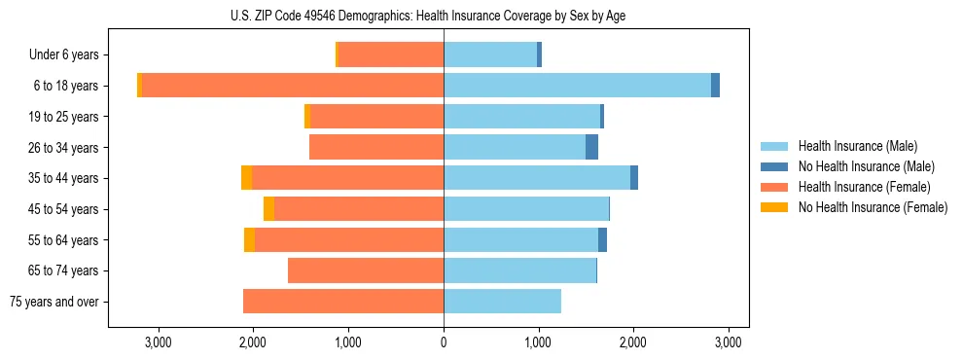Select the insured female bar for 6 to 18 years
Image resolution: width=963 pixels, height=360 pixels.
tap(293, 86)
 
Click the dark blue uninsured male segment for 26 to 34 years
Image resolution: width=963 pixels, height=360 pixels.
tap(591, 147)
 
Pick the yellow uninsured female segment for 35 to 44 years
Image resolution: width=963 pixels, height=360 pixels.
tap(247, 178)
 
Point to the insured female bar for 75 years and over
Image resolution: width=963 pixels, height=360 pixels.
tap(343, 302)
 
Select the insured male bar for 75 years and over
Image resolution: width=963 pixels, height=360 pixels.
tap(502, 302)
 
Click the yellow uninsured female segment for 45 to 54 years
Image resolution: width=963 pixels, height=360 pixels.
tap(268, 209)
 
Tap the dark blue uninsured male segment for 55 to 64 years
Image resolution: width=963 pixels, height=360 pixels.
tap(602, 239)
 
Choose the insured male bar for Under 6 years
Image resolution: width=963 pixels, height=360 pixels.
tap(490, 54)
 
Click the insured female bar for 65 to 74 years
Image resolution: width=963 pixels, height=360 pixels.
tap(366, 270)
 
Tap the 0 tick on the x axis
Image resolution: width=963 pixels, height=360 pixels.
tap(444, 342)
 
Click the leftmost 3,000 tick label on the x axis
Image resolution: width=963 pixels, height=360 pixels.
tap(158, 342)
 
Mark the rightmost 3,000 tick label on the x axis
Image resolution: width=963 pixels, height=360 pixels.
tap(729, 342)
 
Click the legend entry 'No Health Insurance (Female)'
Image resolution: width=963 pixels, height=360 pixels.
tap(873, 207)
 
